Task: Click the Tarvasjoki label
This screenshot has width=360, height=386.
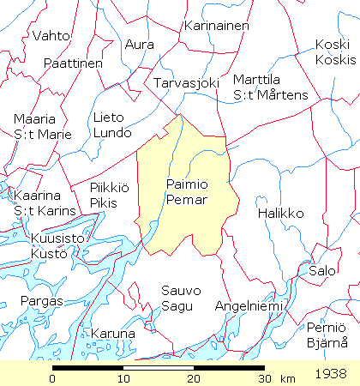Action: tap(187, 83)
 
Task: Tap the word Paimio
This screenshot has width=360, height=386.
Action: tap(185, 184)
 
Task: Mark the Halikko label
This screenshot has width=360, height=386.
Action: tap(280, 212)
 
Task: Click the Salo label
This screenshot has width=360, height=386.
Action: tap(322, 270)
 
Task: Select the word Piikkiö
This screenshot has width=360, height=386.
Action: tap(110, 189)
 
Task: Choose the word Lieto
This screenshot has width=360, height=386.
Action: tap(108, 118)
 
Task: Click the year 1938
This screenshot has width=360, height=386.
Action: tap(331, 375)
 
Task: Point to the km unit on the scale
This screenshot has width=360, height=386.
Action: tap(287, 378)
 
